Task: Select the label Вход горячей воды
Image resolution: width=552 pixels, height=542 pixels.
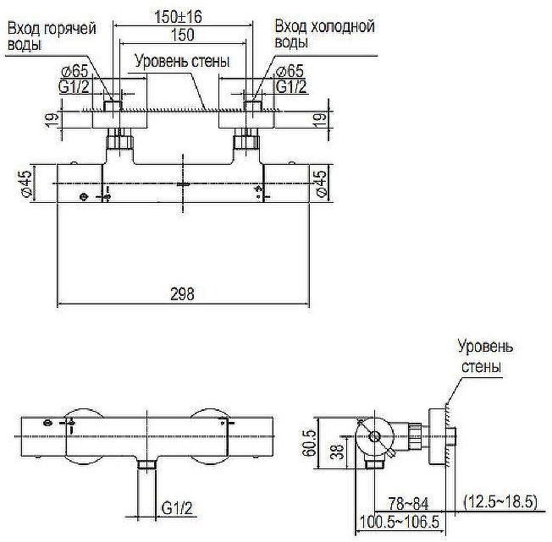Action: point(51,36)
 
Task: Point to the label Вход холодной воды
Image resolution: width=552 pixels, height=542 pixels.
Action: point(325,36)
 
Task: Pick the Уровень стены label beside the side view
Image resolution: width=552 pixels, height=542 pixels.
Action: point(485,357)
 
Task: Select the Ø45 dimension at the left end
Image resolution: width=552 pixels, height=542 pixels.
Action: point(27,184)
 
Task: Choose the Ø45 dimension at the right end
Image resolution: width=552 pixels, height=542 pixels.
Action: point(323,184)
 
